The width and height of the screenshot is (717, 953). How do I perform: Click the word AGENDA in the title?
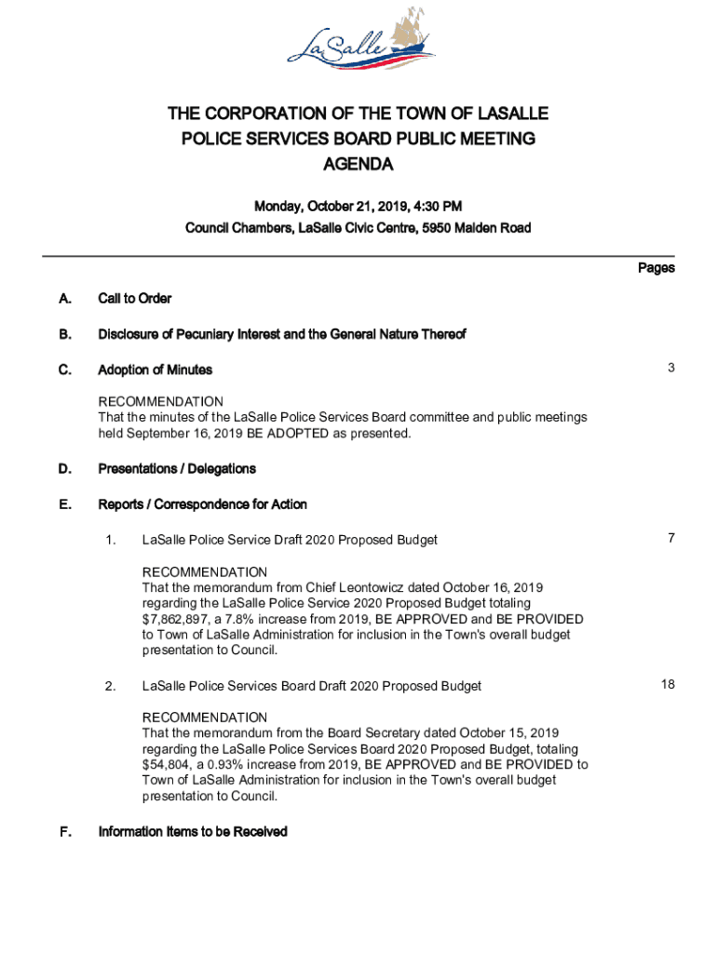click(358, 165)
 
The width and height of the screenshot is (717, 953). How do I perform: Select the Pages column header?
click(656, 268)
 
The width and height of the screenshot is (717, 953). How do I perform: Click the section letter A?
click(64, 299)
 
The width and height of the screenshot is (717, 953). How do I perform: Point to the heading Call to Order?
click(135, 299)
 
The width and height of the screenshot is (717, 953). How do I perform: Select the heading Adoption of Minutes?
click(156, 369)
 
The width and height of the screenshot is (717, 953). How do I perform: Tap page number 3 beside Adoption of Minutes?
click(670, 369)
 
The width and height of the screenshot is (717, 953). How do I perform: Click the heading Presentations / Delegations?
click(177, 468)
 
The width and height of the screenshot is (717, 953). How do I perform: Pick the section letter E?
click(64, 504)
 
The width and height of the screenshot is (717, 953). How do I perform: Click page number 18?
click(668, 685)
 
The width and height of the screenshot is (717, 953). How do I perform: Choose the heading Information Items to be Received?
click(193, 832)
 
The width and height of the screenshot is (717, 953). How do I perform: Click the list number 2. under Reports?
click(111, 686)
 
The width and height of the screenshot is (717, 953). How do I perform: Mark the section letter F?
click(64, 832)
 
